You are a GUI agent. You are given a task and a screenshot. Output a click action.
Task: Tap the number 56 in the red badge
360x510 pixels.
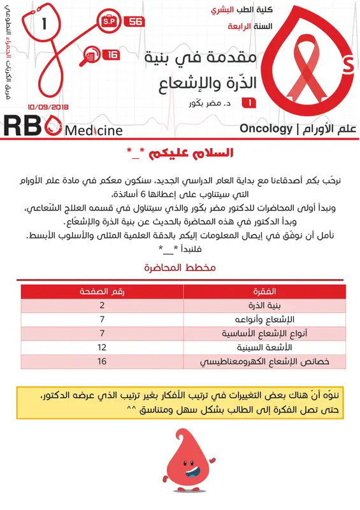tap(136, 22)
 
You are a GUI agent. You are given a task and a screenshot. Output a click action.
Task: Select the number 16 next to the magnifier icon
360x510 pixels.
tap(112, 55)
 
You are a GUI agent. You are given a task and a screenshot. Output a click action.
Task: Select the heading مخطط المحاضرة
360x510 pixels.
tap(180, 268)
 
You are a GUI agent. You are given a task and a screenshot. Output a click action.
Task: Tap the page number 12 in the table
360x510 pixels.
tap(102, 347)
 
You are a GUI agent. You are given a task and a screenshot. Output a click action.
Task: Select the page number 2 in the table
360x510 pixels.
tap(102, 305)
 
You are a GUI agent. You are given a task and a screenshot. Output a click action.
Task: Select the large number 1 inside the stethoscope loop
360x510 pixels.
tap(43, 26)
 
